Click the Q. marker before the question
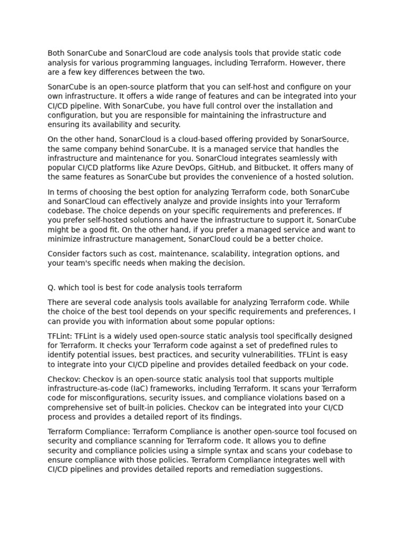tap(51, 287)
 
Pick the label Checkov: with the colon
tap(62, 379)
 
